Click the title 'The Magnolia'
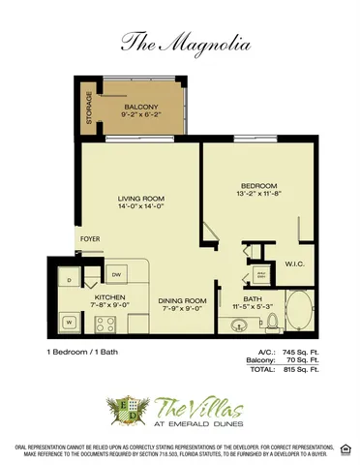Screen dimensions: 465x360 click(179, 42)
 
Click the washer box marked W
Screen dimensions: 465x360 click(69, 321)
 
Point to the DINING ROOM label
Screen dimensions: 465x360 click(183, 300)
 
